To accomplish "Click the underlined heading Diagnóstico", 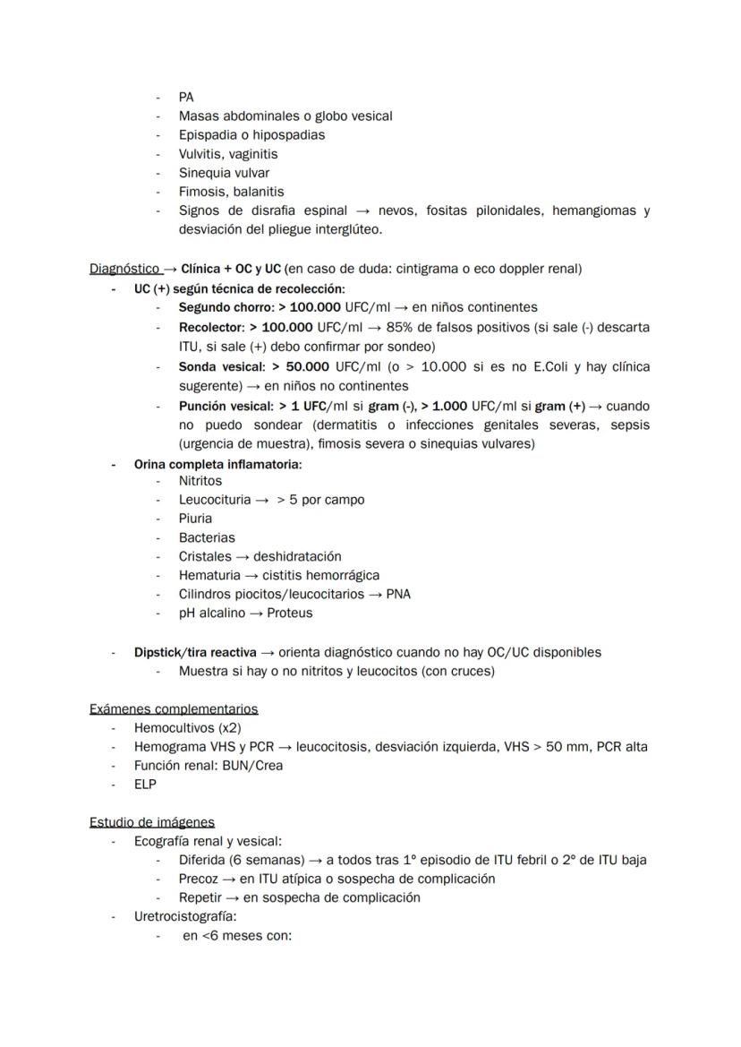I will click(x=123, y=269).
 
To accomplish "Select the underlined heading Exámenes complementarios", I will click(x=174, y=709).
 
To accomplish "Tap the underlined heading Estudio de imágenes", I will click(x=152, y=822).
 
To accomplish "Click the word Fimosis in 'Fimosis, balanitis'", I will click(x=202, y=192).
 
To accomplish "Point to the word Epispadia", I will click(x=209, y=135).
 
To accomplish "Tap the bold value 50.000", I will click(x=308, y=367).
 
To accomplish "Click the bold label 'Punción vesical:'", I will click(x=226, y=406).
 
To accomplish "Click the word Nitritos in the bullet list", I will click(x=200, y=481).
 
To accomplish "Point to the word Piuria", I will click(x=195, y=519).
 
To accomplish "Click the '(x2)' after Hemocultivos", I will click(x=230, y=728).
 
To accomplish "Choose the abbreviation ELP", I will click(x=145, y=785).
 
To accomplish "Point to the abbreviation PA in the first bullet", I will click(x=186, y=98).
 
